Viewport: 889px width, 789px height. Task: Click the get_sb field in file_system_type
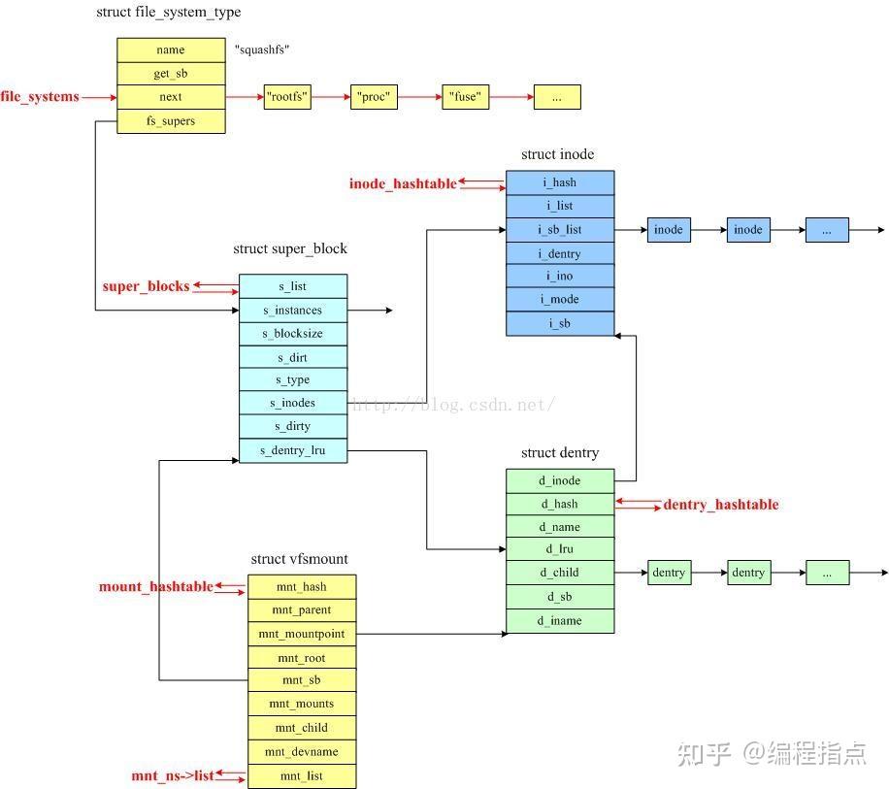[171, 74]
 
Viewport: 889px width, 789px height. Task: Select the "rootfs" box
[287, 97]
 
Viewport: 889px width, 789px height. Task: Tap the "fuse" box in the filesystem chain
[466, 97]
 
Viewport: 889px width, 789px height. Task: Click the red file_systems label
[40, 97]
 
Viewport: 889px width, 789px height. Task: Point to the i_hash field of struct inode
[560, 182]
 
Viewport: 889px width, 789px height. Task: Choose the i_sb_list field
[560, 230]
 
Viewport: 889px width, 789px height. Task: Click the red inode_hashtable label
[403, 183]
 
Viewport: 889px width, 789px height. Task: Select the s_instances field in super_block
[292, 311]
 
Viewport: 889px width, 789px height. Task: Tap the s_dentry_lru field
[292, 451]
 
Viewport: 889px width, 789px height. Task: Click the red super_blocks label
[147, 286]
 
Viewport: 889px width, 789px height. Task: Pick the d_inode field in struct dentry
[560, 480]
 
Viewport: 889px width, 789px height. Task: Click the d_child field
[560, 573]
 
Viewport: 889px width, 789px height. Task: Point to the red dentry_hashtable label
[721, 505]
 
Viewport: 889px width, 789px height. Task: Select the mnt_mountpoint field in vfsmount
[302, 634]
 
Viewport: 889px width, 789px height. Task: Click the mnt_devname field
[302, 752]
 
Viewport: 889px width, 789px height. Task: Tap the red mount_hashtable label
[155, 587]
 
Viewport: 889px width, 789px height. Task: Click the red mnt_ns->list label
[173, 776]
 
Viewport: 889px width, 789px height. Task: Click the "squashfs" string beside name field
[262, 49]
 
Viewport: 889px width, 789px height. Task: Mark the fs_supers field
[171, 121]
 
